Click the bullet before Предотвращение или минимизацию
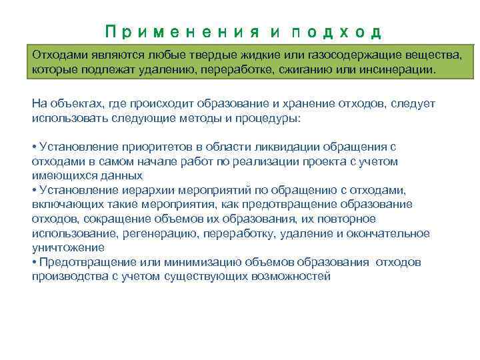tap(34, 262)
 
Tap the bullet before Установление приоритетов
tap(34, 147)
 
